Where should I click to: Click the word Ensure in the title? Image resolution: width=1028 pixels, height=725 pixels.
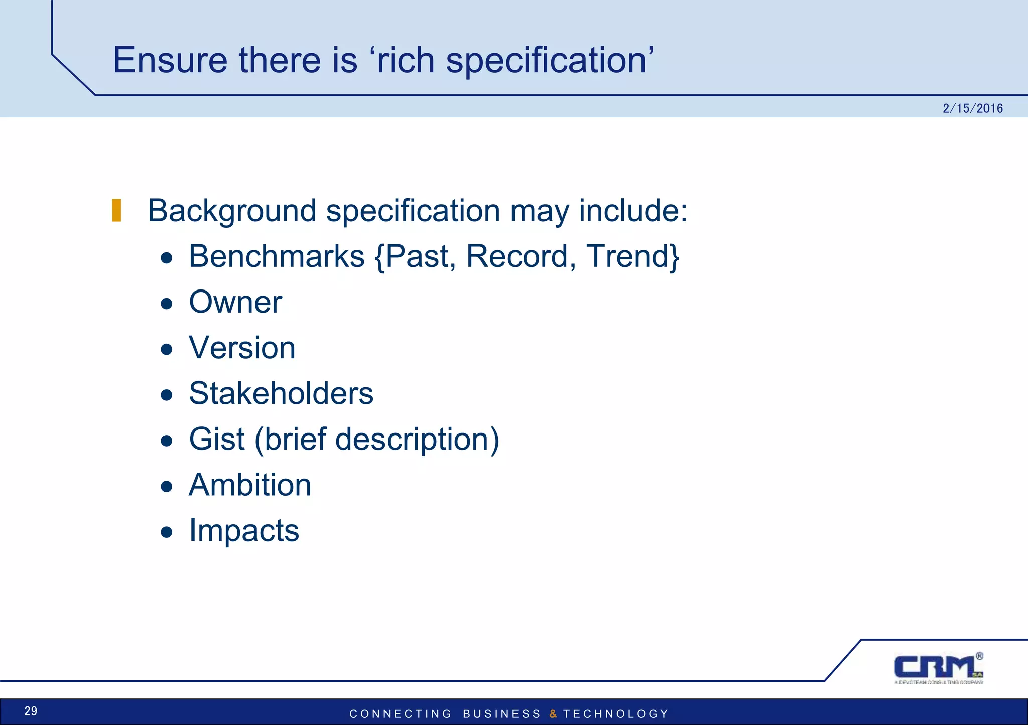click(x=170, y=60)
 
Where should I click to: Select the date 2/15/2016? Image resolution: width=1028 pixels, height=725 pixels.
click(x=972, y=108)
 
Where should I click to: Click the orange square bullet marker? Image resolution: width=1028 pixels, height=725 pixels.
click(x=116, y=210)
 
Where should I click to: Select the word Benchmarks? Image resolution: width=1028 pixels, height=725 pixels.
click(x=277, y=256)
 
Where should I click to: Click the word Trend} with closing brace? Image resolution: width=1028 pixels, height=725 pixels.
click(x=633, y=256)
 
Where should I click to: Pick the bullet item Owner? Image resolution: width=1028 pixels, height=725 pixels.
click(x=235, y=302)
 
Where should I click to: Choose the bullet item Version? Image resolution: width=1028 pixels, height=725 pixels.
click(x=242, y=348)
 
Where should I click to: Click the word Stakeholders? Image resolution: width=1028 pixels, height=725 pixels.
click(x=281, y=393)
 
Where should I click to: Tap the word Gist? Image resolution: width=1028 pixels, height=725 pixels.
click(x=217, y=439)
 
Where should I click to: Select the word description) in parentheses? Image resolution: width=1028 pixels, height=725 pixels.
click(x=417, y=439)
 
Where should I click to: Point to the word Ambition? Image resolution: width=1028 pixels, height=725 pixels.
click(x=250, y=485)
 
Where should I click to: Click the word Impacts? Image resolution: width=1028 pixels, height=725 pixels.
click(x=244, y=530)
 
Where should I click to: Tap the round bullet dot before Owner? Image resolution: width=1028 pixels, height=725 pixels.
click(x=167, y=304)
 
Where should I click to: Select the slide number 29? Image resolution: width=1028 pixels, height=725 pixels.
click(x=31, y=711)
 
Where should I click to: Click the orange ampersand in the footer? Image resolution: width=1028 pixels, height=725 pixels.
click(x=553, y=714)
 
